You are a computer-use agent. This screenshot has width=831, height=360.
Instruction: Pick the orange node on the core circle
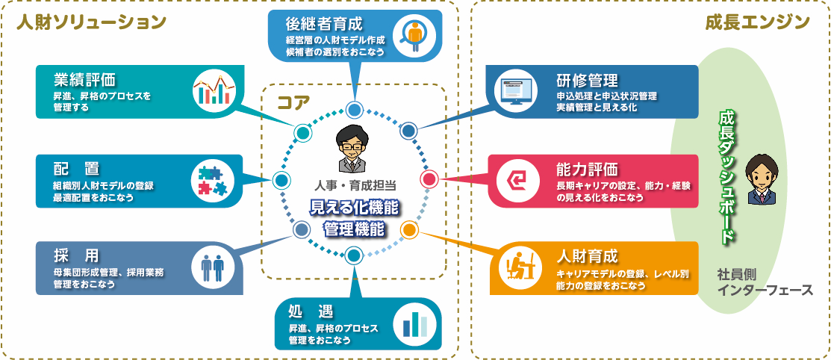[x=409, y=229]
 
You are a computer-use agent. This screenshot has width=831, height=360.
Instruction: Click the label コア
[x=293, y=102]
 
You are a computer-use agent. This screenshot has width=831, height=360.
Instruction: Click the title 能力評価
[x=587, y=167]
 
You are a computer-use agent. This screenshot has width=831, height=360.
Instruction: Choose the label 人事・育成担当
[x=355, y=183]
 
